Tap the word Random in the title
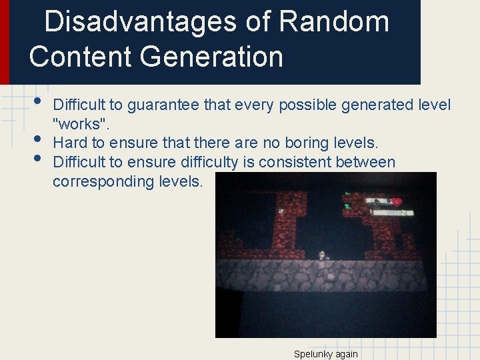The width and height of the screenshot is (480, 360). point(334,22)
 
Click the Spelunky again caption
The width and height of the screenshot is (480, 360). point(325,354)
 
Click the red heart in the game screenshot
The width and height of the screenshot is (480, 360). point(396,201)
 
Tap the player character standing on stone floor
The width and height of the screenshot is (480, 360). point(323,255)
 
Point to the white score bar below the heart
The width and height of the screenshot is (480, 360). point(393,213)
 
